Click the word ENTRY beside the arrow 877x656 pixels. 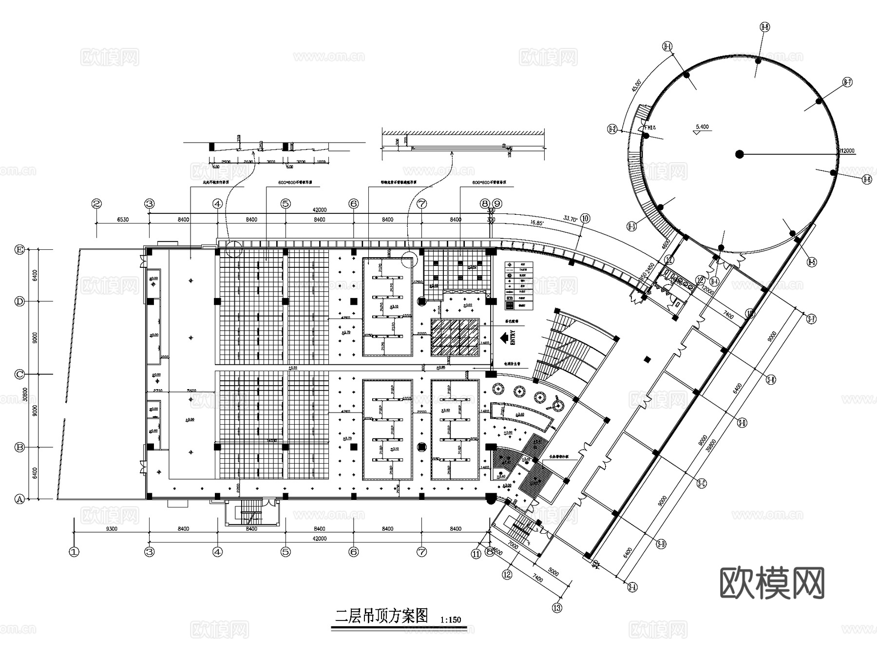(513, 337)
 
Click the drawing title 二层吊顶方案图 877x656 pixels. (381, 616)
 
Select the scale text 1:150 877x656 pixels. (450, 620)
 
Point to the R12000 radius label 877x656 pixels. (847, 150)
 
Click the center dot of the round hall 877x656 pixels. (739, 154)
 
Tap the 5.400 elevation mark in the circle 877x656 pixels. (702, 127)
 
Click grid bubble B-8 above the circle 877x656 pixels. (764, 27)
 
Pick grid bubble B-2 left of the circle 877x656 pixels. (612, 129)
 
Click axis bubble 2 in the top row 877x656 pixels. (96, 204)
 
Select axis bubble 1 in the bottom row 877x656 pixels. (74, 552)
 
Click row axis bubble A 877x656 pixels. (19, 499)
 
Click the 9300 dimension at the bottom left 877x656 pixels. (111, 529)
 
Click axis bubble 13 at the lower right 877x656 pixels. (557, 607)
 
